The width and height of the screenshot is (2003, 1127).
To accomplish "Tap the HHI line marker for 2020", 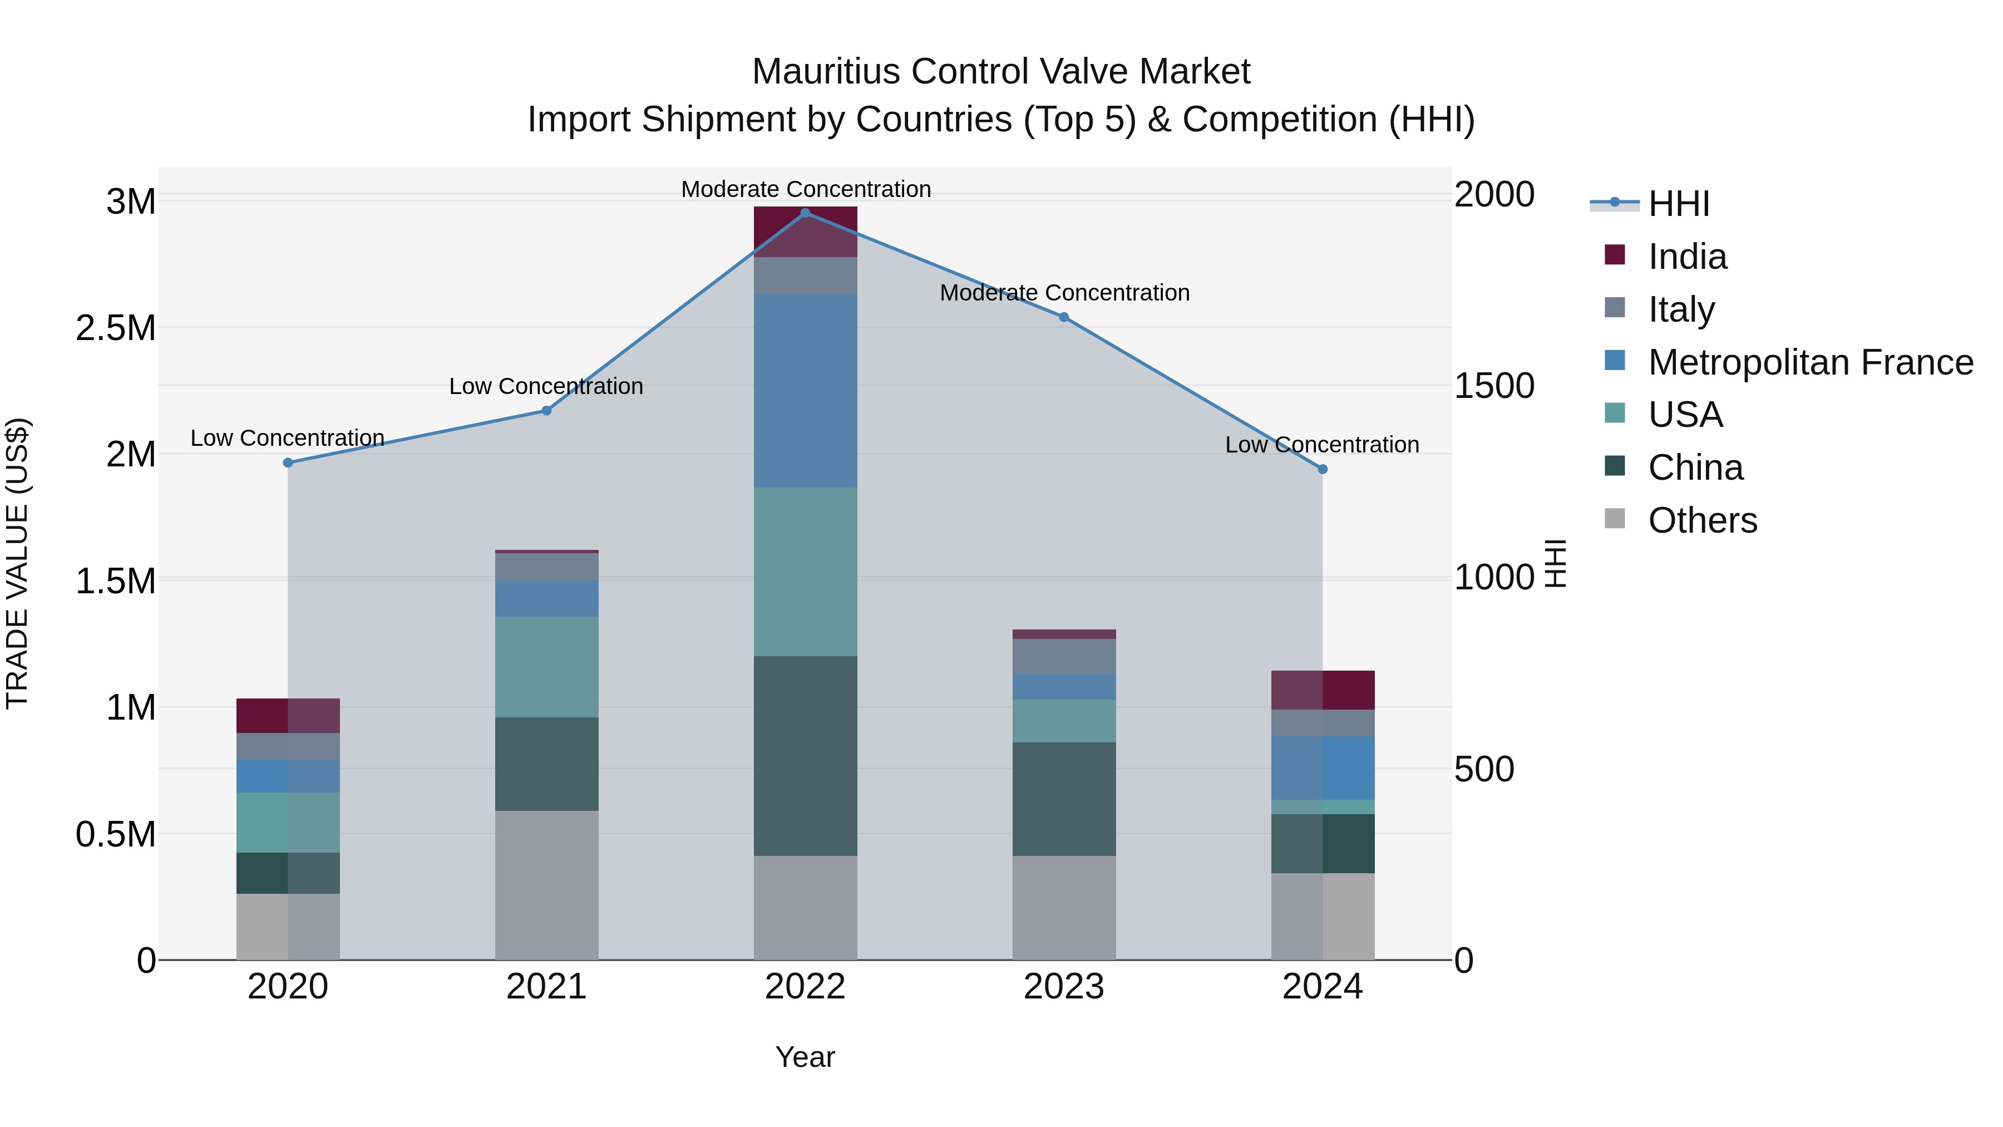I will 288,463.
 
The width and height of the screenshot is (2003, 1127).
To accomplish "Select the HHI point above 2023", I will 1064,317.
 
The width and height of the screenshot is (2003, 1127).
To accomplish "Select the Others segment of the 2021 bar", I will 546,885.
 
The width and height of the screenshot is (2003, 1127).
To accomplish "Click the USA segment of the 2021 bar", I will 546,667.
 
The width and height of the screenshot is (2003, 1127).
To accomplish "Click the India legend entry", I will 1688,257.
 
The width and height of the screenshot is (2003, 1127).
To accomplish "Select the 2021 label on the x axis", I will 546,987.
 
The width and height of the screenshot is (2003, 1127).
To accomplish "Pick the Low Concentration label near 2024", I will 1322,445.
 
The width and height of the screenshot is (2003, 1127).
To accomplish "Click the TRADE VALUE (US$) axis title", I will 17,563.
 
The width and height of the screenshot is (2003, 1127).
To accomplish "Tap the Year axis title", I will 805,1057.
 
